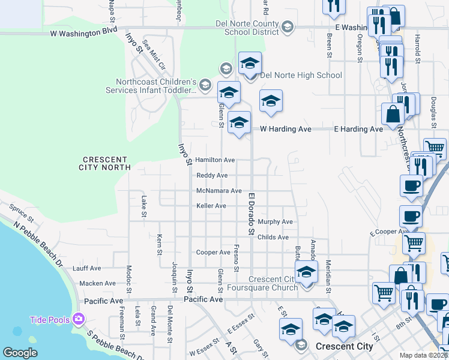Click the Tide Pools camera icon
coord(77,319)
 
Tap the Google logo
coord(20,353)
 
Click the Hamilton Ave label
coord(215,160)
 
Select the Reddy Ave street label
coord(212,175)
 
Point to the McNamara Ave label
coord(219,191)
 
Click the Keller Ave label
coord(211,206)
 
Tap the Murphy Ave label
coord(275,222)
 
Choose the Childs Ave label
coord(273,238)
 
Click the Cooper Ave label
coord(213,253)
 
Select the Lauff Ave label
coord(87,268)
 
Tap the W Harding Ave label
coord(286,129)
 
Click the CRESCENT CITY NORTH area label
coord(106,163)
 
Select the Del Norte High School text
coord(300,75)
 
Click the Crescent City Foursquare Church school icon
coord(306,274)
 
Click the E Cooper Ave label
coord(389,232)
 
